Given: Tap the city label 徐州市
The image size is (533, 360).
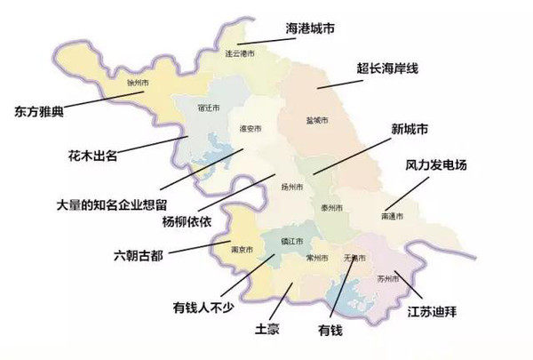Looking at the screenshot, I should click(x=139, y=83).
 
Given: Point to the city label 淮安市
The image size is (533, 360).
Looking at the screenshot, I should click(x=251, y=129).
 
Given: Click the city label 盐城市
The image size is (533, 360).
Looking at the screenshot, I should click(x=317, y=120).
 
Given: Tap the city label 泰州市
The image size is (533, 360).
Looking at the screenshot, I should click(x=331, y=206).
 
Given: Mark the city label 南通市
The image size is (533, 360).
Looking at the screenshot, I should click(x=392, y=216).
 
